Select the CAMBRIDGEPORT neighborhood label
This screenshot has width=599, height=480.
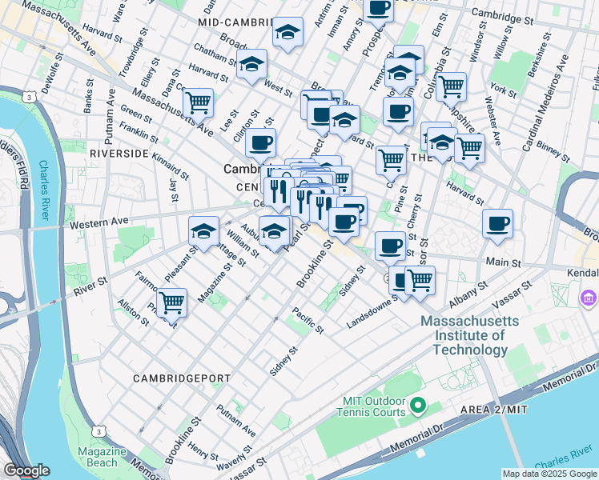click(183, 378)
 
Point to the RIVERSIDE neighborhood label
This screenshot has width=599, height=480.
click(119, 152)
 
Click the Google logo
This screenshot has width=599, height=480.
click(26, 470)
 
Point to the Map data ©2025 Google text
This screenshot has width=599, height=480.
click(549, 474)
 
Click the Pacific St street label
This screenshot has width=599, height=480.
click(308, 320)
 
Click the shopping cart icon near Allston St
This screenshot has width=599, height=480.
click(171, 302)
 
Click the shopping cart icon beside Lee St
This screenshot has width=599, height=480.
click(198, 102)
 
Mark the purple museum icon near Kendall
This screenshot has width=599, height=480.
click(589, 298)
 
